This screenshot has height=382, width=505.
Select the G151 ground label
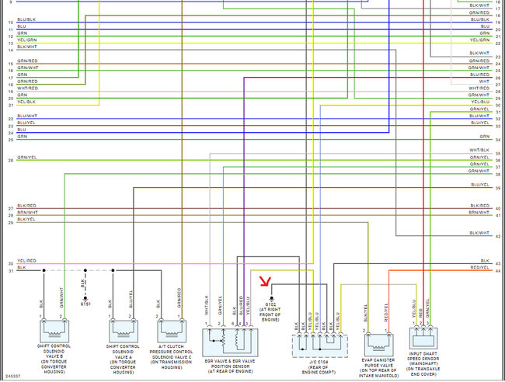(x=85, y=304)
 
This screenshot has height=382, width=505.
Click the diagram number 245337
(x=12, y=377)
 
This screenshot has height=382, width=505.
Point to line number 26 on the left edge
(x=11, y=159)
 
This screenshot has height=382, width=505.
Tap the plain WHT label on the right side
(x=483, y=81)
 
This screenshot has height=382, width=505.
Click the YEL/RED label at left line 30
(x=26, y=262)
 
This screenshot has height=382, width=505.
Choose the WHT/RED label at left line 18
(x=26, y=88)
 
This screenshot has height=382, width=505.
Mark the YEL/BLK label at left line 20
(x=26, y=102)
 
